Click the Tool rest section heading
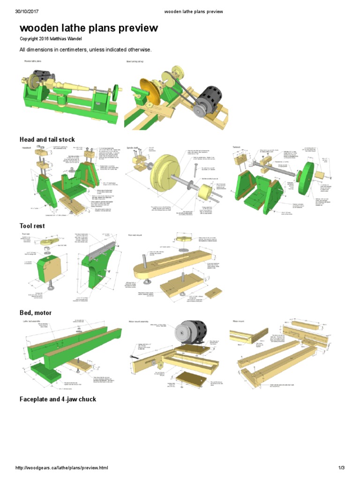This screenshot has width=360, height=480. (x=32, y=226)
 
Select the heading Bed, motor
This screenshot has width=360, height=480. (x=35, y=313)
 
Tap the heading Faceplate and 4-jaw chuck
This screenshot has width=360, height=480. (x=58, y=399)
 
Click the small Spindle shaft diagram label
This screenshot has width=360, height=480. (x=134, y=147)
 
